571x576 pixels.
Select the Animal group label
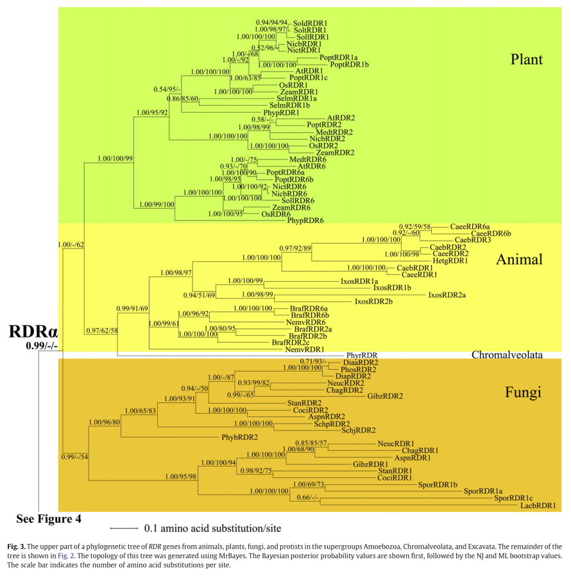519,259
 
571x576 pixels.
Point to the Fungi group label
523,391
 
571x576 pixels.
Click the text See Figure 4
49,518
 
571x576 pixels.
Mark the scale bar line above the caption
124,529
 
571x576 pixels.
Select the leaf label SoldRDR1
311,22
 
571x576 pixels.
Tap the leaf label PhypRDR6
305,220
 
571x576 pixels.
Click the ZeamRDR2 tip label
336,152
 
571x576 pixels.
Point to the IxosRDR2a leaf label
447,295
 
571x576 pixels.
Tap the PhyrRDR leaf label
362,354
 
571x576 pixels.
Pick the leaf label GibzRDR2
385,396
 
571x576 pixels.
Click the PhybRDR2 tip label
240,437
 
